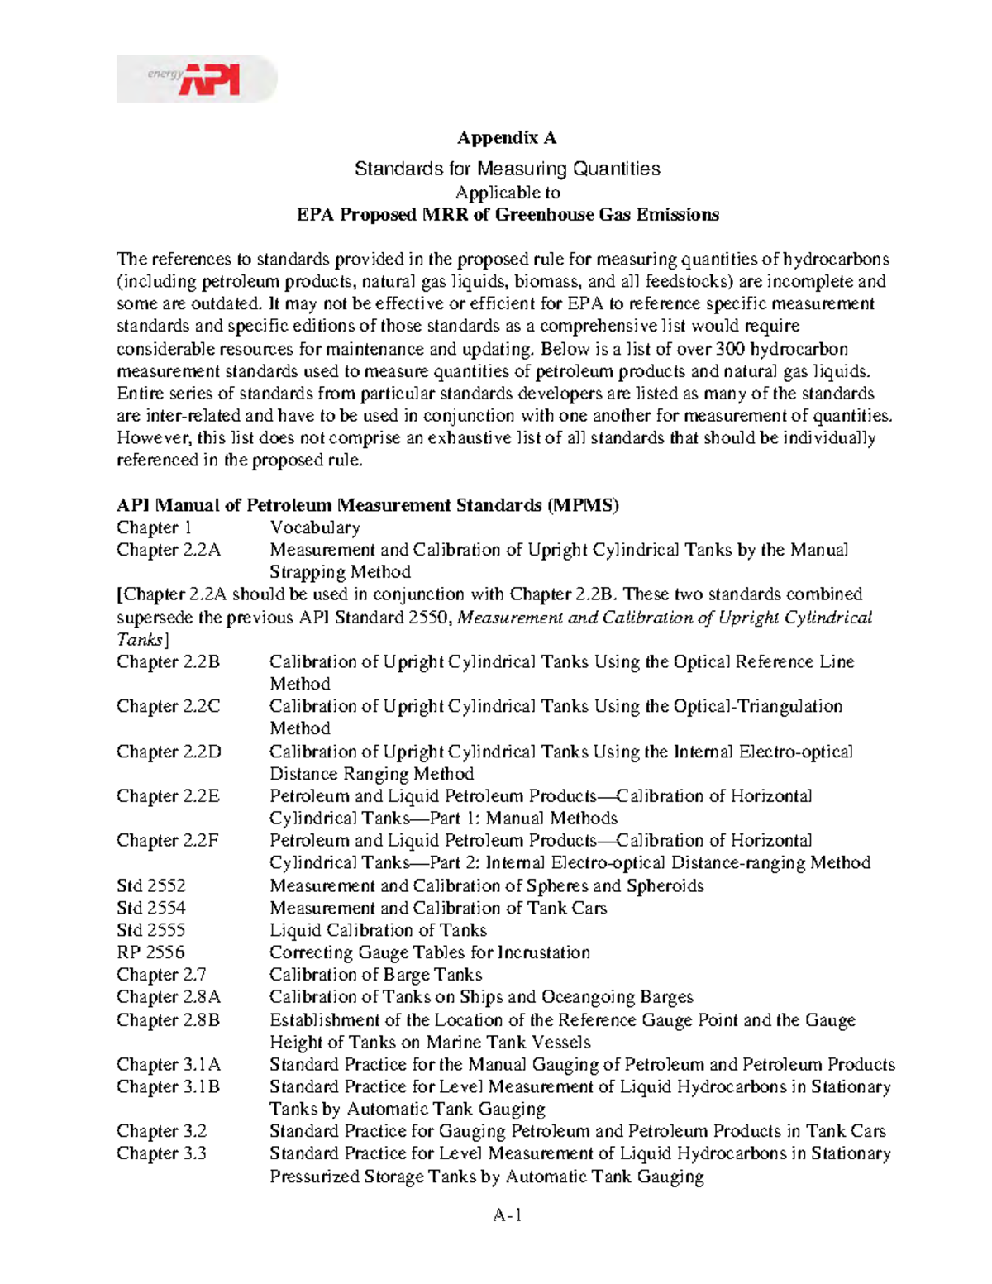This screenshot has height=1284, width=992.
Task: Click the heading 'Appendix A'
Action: (508, 137)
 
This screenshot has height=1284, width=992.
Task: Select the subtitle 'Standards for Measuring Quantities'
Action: (508, 169)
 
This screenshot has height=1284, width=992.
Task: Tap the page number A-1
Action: (508, 1215)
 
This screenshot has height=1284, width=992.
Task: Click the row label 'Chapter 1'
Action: (154, 527)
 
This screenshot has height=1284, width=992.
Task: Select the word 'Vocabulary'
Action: (314, 527)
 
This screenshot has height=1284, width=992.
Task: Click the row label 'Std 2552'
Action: (151, 885)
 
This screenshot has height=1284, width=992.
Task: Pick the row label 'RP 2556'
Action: (150, 952)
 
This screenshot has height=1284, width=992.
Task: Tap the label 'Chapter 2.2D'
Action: (169, 752)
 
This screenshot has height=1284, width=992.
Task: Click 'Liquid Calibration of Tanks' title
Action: (378, 930)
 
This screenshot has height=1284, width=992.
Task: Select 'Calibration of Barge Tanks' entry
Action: (375, 975)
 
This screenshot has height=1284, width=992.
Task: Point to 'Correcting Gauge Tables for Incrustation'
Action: (430, 952)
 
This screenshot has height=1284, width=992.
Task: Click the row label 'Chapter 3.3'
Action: (161, 1153)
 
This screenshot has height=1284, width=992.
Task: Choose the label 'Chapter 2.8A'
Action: (169, 997)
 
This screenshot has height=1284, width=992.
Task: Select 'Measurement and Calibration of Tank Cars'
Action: (438, 908)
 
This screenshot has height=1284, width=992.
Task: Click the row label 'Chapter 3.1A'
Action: (169, 1064)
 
